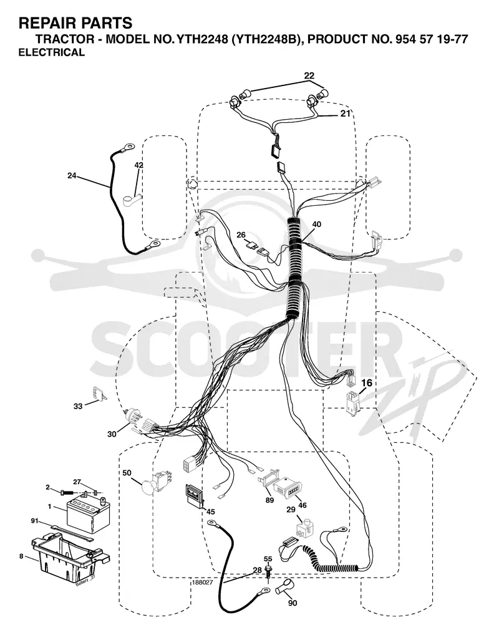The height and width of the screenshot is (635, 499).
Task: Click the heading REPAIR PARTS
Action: tap(75, 23)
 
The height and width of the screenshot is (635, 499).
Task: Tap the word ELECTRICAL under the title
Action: tap(52, 52)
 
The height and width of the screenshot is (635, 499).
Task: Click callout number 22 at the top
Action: tap(309, 75)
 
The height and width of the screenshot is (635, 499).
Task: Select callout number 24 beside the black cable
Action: tap(72, 176)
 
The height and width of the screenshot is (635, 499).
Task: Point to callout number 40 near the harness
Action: tap(317, 224)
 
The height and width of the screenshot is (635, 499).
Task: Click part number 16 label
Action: tap(367, 383)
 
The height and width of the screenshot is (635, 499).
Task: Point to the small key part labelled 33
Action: tap(99, 394)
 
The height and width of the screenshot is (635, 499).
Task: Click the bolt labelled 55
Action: tap(268, 573)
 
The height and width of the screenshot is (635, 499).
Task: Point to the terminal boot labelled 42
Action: tap(132, 199)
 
